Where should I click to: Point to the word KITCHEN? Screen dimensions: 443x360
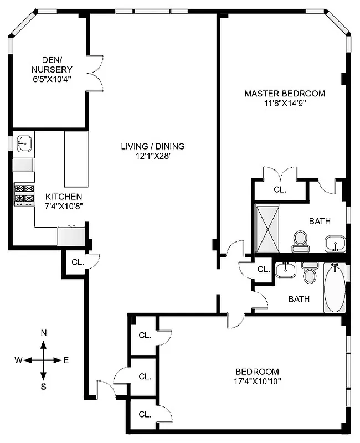[64, 197]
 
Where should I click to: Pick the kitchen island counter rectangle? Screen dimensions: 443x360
[76, 159]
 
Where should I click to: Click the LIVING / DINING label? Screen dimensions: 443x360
[153, 146]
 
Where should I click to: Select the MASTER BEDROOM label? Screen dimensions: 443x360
[285, 93]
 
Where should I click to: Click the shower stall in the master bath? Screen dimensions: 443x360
[268, 229]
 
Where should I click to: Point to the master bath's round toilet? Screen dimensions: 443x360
[300, 239]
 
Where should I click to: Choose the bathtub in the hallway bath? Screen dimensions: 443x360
[334, 288]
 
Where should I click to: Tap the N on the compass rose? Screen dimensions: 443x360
[43, 333]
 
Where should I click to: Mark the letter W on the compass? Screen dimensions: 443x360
[18, 360]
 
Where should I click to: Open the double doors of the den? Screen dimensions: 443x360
[96, 73]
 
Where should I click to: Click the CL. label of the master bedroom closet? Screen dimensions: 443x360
[280, 189]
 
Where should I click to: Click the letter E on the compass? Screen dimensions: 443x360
[66, 360]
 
